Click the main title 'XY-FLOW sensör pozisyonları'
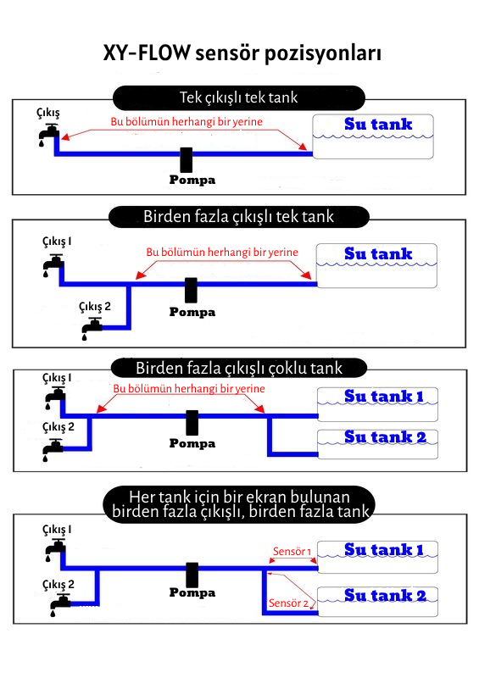pos(242,53)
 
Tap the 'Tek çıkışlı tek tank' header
pos(239,97)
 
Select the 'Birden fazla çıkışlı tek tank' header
pos(239,217)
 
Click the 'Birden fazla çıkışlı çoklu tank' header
pos(239,369)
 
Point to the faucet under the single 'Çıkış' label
pos(48,135)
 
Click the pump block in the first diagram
pos(187,159)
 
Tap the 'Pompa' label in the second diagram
pos(192,312)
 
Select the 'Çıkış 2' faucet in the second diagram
pos(92,328)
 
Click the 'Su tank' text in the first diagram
pos(378,124)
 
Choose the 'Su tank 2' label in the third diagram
pos(385,437)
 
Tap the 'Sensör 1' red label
pos(292,552)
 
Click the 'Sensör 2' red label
pos(288,603)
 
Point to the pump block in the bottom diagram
pos(192,575)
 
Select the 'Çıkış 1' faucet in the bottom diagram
pos(55,549)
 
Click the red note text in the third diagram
pos(189,389)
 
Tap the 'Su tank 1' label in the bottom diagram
pos(384,549)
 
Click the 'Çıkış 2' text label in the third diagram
pos(58,427)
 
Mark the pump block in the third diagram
pos(192,422)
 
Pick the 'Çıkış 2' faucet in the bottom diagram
pos(60,604)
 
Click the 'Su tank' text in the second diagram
pos(378,253)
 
